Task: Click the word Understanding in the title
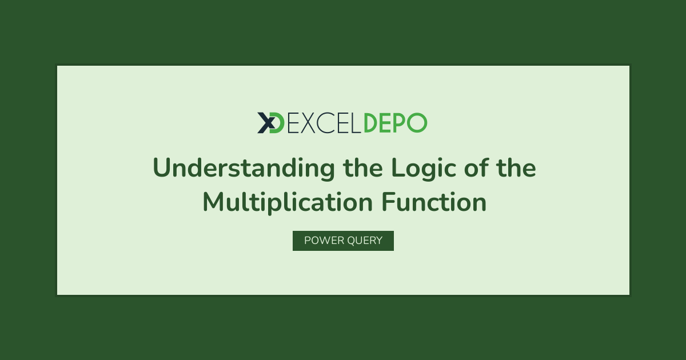(244, 168)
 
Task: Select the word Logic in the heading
(424, 168)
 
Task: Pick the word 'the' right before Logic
(363, 167)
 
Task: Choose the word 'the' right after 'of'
(516, 167)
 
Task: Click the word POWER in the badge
(324, 241)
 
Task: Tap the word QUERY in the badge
(365, 241)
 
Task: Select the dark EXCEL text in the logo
(324, 123)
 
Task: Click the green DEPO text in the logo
(396, 123)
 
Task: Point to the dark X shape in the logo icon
(266, 123)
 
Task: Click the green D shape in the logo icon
(278, 123)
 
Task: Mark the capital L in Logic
(399, 167)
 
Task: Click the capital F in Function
(389, 202)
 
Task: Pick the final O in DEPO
(417, 123)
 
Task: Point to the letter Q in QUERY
(352, 241)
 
